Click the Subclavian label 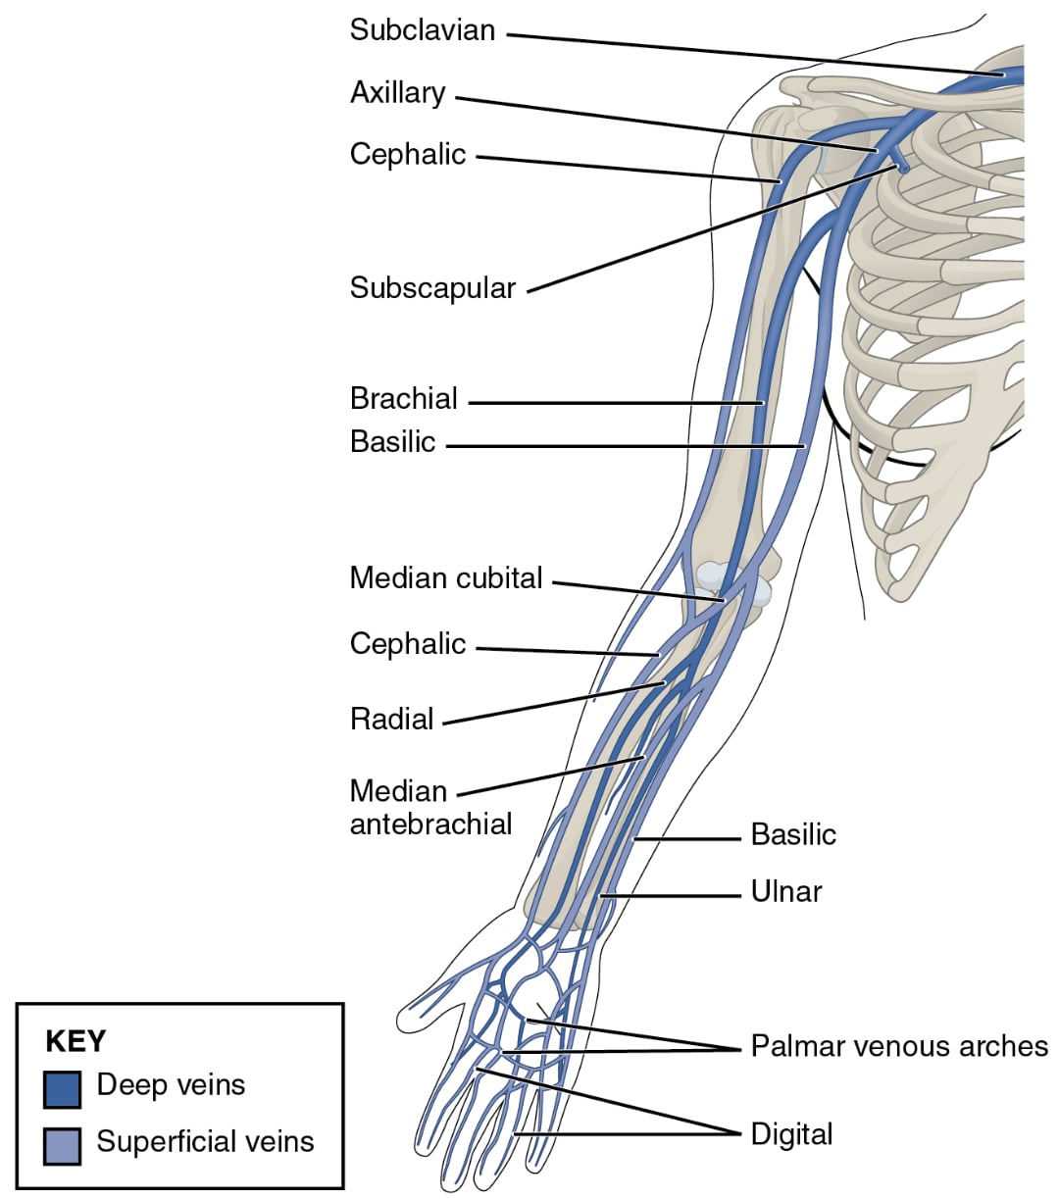423,30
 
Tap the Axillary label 398,93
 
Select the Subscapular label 432,288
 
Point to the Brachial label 404,399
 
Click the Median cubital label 446,578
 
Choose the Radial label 392,720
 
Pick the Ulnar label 786,892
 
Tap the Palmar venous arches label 899,1046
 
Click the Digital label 791,1134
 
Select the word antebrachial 431,824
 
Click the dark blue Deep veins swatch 62,1089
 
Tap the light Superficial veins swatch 62,1145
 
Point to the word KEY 76,1041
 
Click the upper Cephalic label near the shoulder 408,155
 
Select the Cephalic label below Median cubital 408,644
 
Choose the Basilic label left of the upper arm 393,442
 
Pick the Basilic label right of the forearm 793,835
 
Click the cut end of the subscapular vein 903,170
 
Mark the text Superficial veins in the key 205,1142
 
